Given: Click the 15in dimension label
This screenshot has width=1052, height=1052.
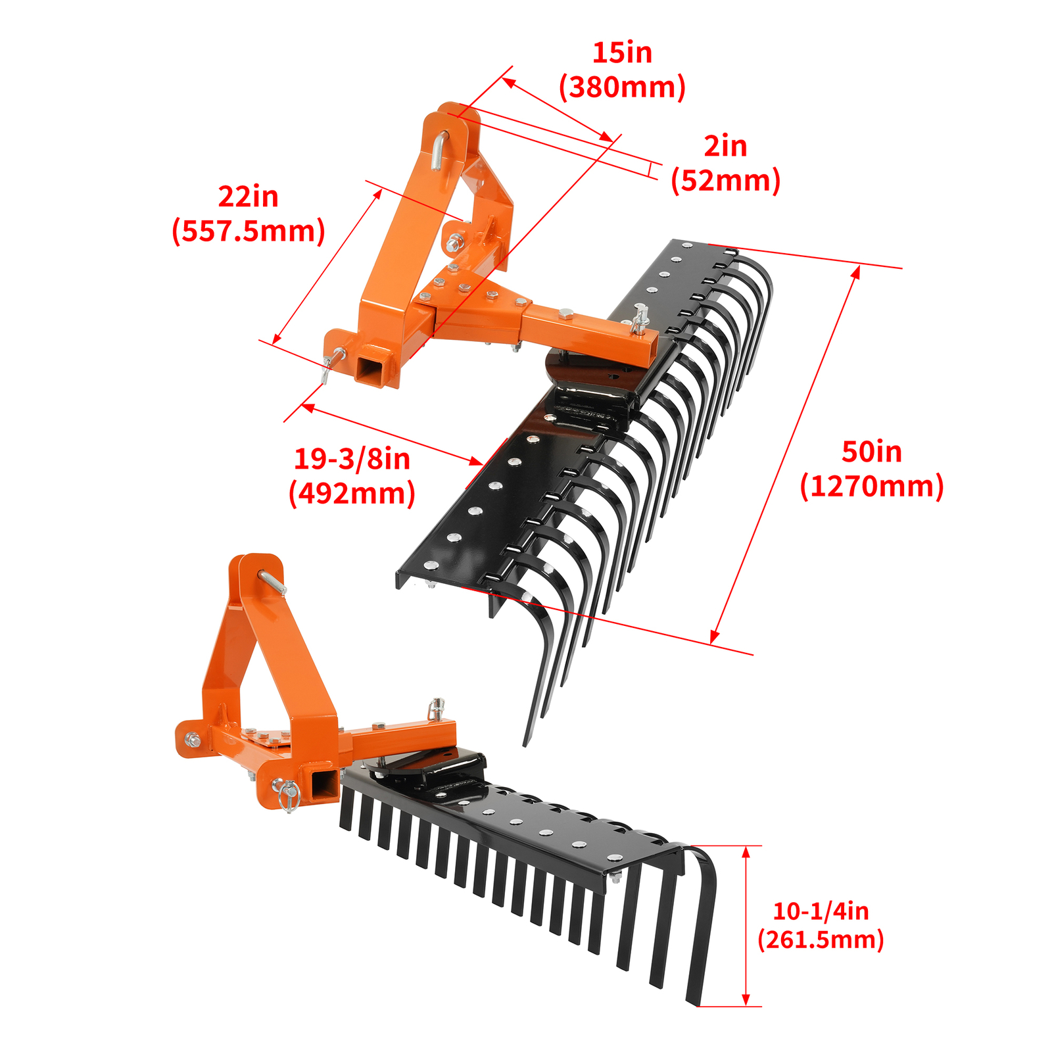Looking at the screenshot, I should click(622, 53).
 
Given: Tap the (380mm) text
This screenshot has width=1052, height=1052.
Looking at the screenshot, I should click(622, 87).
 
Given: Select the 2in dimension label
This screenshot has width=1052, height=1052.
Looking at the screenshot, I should click(725, 147).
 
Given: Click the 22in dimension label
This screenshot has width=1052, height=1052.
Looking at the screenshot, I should click(248, 197).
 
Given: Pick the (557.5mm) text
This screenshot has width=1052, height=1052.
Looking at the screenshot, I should click(249, 231).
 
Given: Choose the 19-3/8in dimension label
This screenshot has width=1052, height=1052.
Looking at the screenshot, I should click(352, 459).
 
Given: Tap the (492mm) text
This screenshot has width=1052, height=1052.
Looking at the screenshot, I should click(352, 493).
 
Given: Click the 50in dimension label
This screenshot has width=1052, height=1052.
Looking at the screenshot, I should click(872, 452).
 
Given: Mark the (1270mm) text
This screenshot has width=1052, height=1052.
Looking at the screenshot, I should click(872, 487).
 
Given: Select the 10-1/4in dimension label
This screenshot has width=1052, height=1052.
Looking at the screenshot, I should click(821, 911).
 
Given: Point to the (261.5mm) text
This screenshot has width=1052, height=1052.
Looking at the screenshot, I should click(821, 940).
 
